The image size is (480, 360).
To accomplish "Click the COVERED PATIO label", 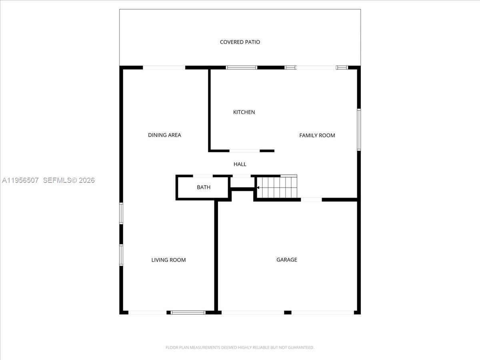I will (240, 42).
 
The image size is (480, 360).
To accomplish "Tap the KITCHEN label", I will (244, 112).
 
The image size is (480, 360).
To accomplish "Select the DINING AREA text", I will (164, 135).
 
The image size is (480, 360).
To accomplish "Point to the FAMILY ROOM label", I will (317, 136).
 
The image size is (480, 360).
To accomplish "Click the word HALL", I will (240, 164).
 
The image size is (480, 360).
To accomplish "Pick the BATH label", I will (204, 187).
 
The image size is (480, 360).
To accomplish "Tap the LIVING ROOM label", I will (168, 260).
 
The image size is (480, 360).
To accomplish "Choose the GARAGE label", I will (287, 260).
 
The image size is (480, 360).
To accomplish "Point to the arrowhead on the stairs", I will (258, 187).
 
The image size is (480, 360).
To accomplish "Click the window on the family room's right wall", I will (359, 130).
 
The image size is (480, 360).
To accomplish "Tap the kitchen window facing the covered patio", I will (242, 68).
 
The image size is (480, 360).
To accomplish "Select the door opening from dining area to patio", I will (164, 68).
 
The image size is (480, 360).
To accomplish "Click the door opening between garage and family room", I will (311, 199).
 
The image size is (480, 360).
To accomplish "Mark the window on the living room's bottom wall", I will (188, 312).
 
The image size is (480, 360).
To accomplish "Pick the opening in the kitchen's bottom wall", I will (245, 151).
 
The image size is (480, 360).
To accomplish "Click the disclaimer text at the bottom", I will (240, 348).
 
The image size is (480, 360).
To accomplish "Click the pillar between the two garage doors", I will (288, 312).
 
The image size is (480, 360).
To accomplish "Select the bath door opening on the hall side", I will (203, 176).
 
